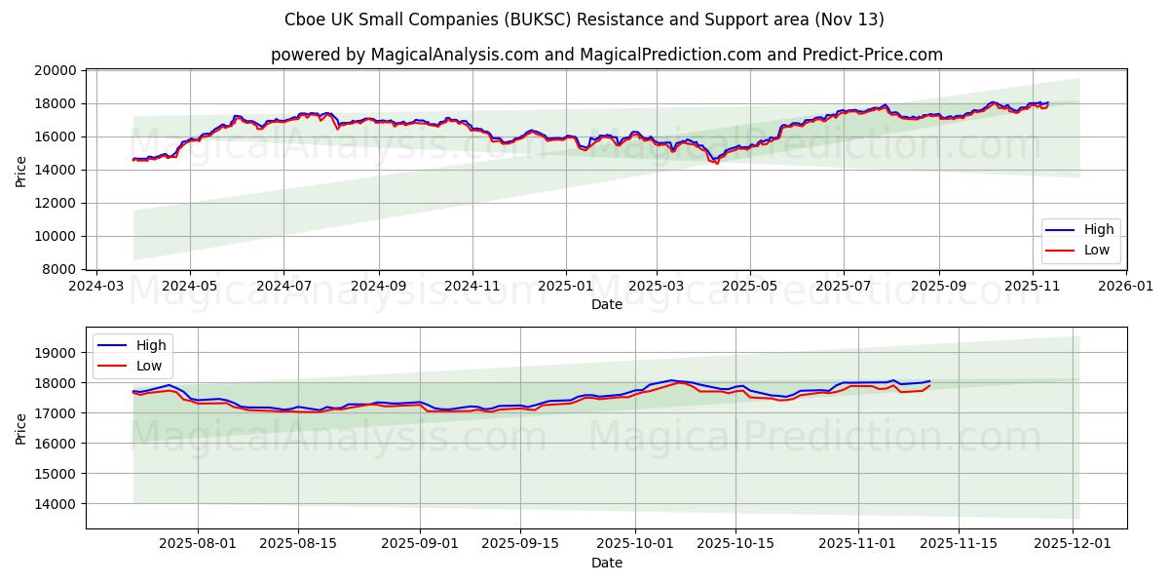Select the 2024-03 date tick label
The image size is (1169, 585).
[94, 287]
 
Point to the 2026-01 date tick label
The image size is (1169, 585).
[1125, 287]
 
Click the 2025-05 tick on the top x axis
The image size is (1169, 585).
[750, 287]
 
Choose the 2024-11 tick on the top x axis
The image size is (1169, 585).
[471, 287]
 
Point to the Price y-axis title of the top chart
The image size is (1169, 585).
[21, 171]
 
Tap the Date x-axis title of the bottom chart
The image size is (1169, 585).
[606, 563]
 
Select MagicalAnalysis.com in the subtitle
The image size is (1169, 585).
[455, 55]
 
